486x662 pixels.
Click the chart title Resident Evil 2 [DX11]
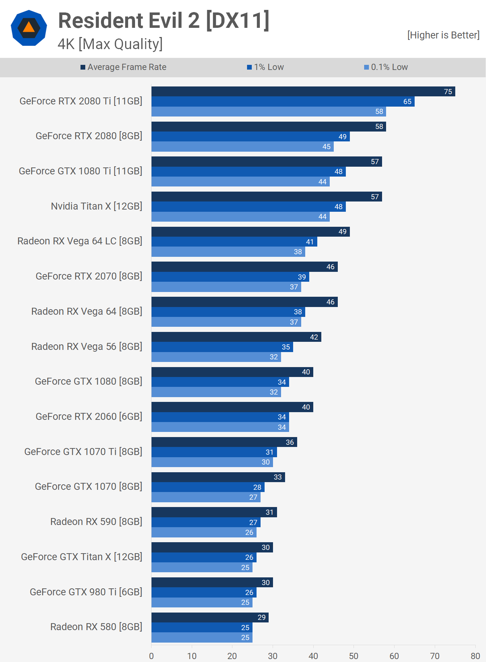click(164, 21)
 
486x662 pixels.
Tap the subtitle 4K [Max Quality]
click(110, 44)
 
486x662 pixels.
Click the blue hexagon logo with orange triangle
click(29, 28)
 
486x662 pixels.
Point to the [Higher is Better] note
click(443, 35)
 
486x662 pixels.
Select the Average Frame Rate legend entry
click(123, 67)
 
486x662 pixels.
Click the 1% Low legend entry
click(265, 67)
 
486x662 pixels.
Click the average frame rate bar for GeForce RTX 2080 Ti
click(303, 92)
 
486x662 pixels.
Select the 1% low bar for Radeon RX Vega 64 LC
click(234, 242)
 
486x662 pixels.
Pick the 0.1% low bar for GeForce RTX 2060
click(220, 427)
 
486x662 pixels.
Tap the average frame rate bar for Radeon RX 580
click(210, 617)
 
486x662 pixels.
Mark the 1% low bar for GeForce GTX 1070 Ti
click(214, 452)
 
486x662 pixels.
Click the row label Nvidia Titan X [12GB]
click(97, 206)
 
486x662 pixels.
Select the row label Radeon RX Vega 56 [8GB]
click(87, 347)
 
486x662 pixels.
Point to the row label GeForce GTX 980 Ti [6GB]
click(86, 592)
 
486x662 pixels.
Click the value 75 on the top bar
click(448, 92)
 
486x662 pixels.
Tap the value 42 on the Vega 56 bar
click(314, 337)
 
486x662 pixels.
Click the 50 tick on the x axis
click(354, 656)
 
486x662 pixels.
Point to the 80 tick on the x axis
click(475, 656)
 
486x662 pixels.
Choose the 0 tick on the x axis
click(152, 656)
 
